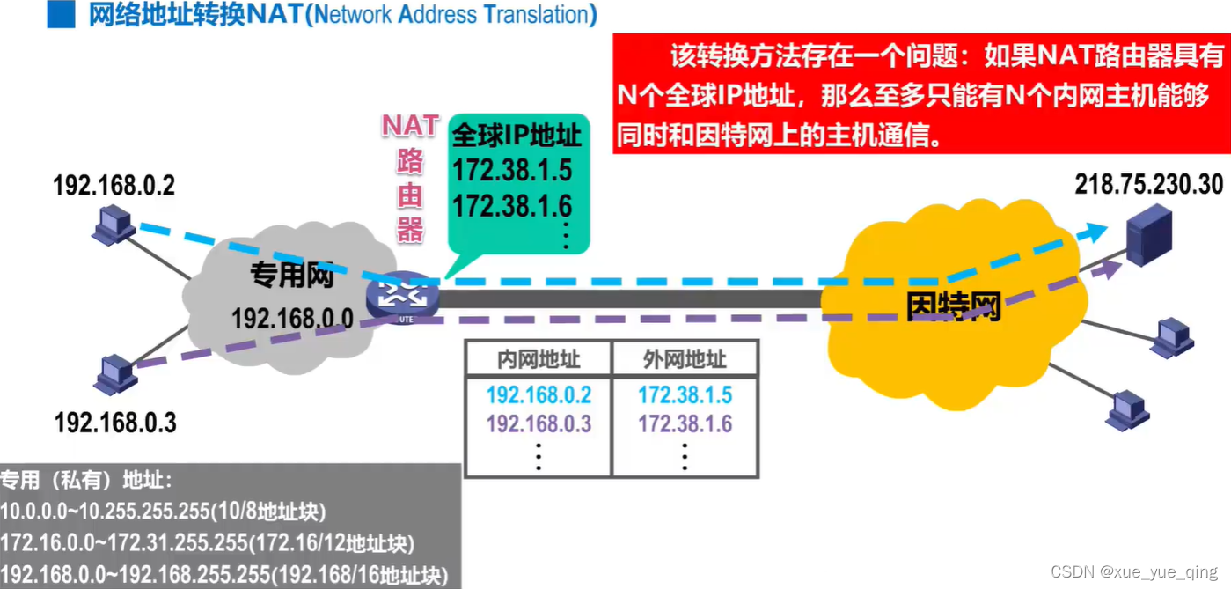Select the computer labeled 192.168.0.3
115,375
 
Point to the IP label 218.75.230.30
1149,184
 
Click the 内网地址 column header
539,359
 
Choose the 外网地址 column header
685,359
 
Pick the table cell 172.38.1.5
685,394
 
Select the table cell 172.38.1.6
685,424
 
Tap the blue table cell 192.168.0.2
539,394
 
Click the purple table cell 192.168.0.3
539,424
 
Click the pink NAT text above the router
410,126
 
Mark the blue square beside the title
61,15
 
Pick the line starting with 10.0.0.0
163,512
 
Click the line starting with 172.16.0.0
208,543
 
